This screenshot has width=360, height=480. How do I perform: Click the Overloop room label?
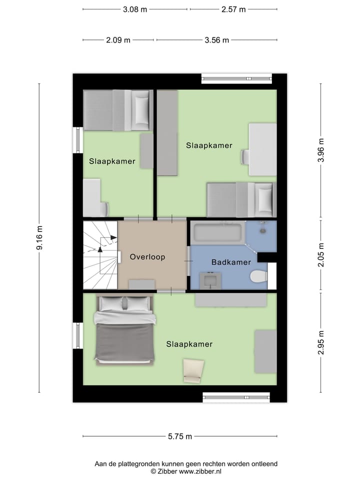pyautogui.click(x=147, y=257)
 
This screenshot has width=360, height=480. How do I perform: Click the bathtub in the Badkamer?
pyautogui.click(x=218, y=232)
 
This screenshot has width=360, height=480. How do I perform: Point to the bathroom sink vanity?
pyautogui.click(x=209, y=280)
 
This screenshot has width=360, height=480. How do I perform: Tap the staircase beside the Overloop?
pyautogui.click(x=100, y=255)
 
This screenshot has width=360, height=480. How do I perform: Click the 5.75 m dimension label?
pyautogui.click(x=179, y=436)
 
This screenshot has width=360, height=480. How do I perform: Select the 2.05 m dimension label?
pyautogui.click(x=321, y=255)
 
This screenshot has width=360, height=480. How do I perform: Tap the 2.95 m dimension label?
pyautogui.click(x=321, y=342)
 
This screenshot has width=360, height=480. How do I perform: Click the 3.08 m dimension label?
pyautogui.click(x=135, y=9)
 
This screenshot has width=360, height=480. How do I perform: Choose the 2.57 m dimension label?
pyautogui.click(x=233, y=9)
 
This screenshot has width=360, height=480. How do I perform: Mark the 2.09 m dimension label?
pyautogui.click(x=118, y=40)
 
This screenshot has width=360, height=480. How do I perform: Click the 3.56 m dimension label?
pyautogui.click(x=217, y=40)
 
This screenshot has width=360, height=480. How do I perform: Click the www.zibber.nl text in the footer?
pyautogui.click(x=200, y=471)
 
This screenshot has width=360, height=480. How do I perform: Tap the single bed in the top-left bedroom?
pyautogui.click(x=117, y=110)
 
